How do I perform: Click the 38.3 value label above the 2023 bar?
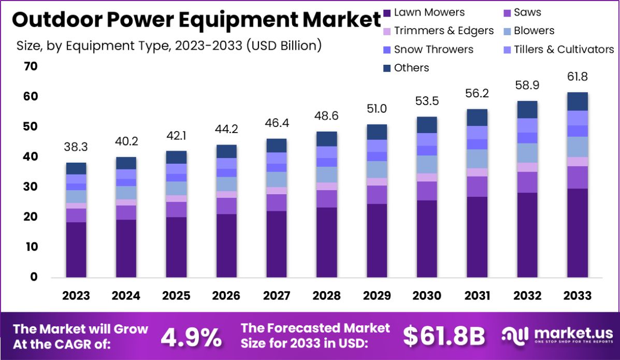click(x=76, y=148)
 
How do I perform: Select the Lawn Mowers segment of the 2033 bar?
click(x=578, y=233)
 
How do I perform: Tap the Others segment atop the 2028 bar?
click(x=327, y=139)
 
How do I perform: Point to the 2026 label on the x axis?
click(x=226, y=296)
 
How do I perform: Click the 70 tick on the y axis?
click(x=30, y=66)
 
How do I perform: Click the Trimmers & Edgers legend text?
click(x=443, y=31)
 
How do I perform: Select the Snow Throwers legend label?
click(x=433, y=49)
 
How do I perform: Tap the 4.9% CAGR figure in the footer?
click(x=191, y=337)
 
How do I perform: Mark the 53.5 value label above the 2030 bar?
click(x=427, y=101)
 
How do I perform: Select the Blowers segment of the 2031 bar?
click(x=477, y=159)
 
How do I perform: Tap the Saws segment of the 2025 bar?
click(x=176, y=209)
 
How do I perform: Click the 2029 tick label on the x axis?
click(x=377, y=296)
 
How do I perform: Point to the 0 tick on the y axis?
click(x=33, y=277)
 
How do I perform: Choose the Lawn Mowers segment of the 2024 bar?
click(x=126, y=248)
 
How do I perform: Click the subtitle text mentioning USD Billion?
click(x=169, y=46)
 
